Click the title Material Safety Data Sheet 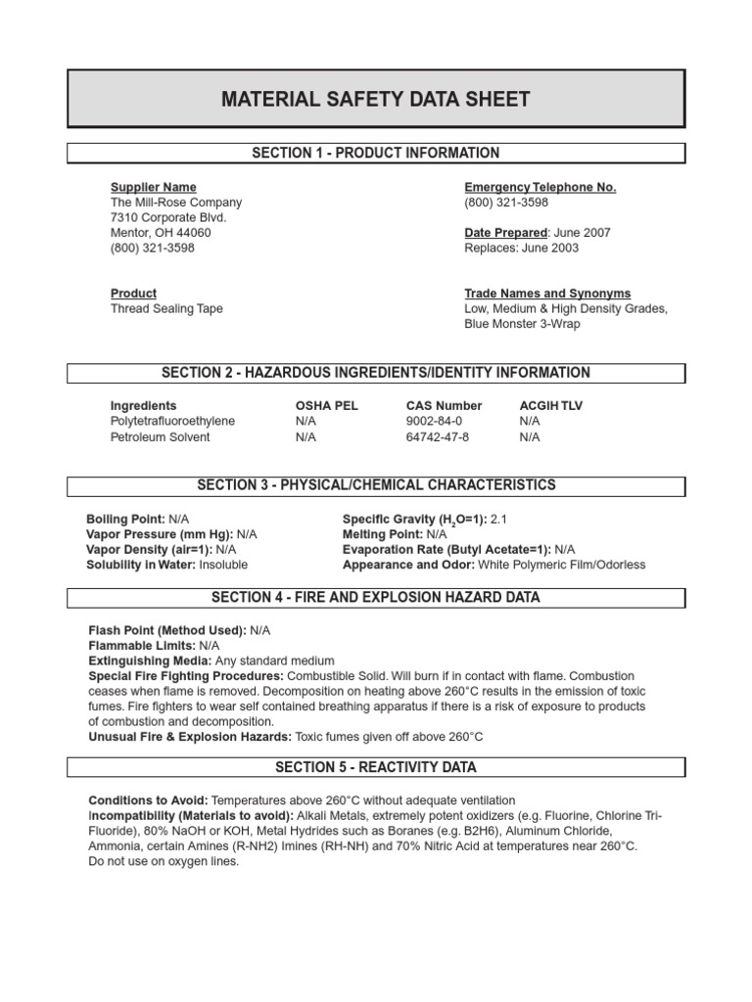coord(376,99)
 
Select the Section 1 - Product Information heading coord(376,153)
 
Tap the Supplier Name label coord(153,187)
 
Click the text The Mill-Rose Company coord(175,203)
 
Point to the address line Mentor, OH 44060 coord(160,233)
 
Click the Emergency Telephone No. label coord(540,187)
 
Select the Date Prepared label coord(504,233)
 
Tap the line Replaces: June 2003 coord(521,249)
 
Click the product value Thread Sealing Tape coord(166,309)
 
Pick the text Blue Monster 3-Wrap coord(522,324)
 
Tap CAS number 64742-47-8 coord(438,436)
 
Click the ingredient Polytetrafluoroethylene coord(172,421)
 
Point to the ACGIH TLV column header coord(550,405)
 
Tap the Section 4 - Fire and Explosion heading coord(376,597)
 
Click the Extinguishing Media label coord(150,661)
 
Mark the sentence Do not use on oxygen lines coord(164,862)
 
